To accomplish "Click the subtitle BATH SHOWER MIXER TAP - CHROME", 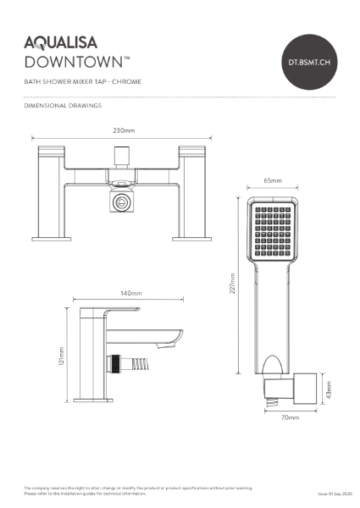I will (x=83, y=81).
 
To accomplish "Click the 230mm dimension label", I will (x=124, y=131).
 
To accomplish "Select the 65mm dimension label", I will (x=273, y=181).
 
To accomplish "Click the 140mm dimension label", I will (x=130, y=293).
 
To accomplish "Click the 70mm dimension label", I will (x=290, y=417).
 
